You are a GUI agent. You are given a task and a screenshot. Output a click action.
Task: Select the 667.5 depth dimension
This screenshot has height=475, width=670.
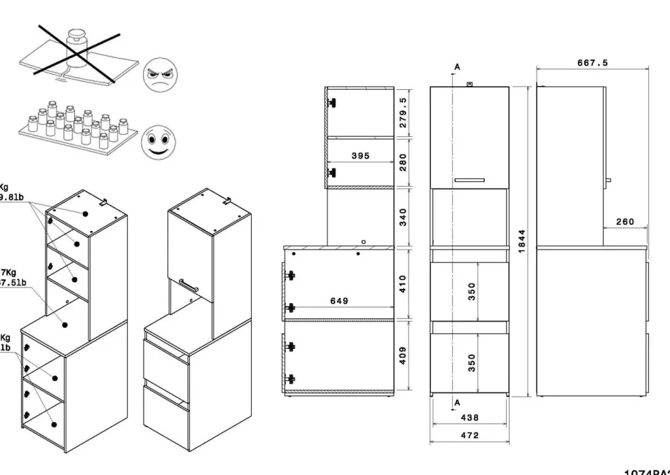[x=592, y=63]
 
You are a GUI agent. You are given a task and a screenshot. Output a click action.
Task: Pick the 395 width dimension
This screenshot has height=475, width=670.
[x=360, y=156]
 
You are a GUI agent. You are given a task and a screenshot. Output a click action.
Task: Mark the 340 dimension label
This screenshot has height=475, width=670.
[x=402, y=216]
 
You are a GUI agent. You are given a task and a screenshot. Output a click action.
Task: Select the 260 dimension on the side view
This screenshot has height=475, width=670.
[x=624, y=221]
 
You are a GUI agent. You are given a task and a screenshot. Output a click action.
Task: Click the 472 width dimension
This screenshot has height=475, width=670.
[x=470, y=435]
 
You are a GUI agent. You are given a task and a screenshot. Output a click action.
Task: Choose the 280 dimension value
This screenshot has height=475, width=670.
[x=402, y=162]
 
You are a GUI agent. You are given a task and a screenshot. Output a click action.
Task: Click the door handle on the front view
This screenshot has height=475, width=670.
[x=469, y=180]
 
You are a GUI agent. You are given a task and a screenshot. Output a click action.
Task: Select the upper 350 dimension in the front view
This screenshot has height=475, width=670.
[x=472, y=291]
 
